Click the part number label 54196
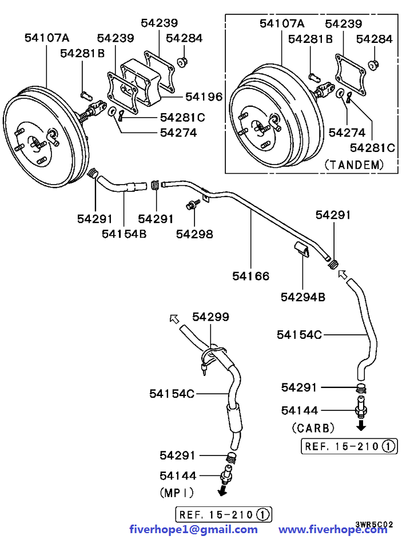pyautogui.click(x=204, y=98)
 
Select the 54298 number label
pyautogui.click(x=194, y=234)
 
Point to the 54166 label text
pyautogui.click(x=250, y=276)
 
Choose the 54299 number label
pyautogui.click(x=210, y=317)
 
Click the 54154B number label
pyautogui.click(x=124, y=234)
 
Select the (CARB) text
pyautogui.click(x=313, y=427)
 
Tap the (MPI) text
pyautogui.click(x=177, y=491)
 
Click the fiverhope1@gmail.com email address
pyautogui.click(x=193, y=530)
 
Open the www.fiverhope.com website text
pyautogui.click(x=333, y=530)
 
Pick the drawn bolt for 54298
pyautogui.click(x=192, y=204)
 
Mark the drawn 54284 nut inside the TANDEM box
pyautogui.click(x=373, y=64)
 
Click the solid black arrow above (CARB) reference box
pyautogui.click(x=361, y=426)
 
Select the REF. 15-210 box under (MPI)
pyautogui.click(x=224, y=514)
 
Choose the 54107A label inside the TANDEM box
pyautogui.click(x=282, y=23)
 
